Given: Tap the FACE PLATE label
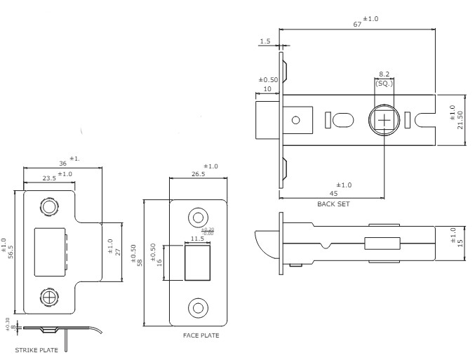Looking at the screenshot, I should click(x=201, y=335).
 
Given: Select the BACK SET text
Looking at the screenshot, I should click(x=333, y=204).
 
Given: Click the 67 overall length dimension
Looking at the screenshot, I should click(x=357, y=24).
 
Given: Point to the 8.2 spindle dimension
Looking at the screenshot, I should click(x=384, y=74).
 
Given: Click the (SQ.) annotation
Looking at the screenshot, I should click(x=384, y=84).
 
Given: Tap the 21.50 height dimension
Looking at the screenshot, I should click(x=461, y=119).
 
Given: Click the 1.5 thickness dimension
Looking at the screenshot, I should click(x=265, y=42).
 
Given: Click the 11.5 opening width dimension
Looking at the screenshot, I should click(x=197, y=239).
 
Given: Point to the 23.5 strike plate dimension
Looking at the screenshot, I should click(x=49, y=178).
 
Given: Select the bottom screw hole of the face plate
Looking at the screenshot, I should click(x=199, y=307).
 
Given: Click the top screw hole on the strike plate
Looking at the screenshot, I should click(x=50, y=208).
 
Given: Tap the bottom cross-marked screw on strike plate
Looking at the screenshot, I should click(x=50, y=298).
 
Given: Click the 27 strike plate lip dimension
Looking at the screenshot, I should click(x=119, y=251).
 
